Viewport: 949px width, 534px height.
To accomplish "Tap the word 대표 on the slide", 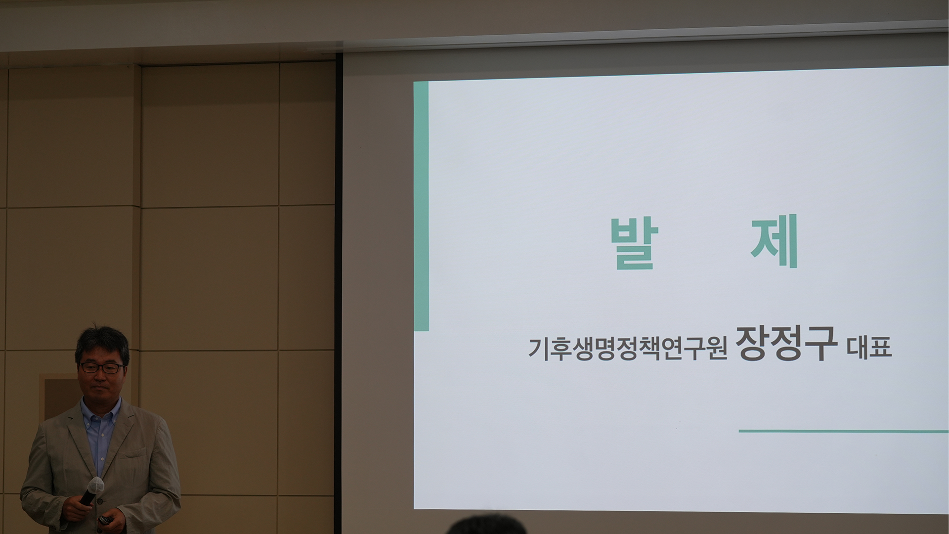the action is [869, 347].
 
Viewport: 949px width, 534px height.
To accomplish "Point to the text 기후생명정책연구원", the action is [628, 349].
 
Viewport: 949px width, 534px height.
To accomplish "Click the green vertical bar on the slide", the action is [421, 206].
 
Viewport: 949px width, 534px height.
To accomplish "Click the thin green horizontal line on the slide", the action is [843, 431].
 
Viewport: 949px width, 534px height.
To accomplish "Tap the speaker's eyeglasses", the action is [101, 368].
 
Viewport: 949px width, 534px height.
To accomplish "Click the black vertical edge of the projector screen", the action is [339, 292].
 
